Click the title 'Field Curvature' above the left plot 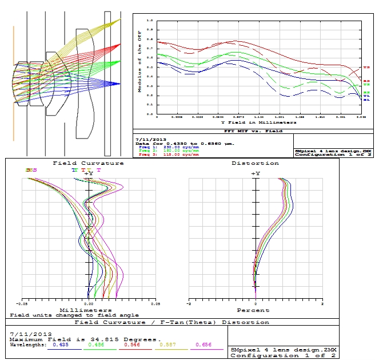89,163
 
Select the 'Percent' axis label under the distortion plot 253,311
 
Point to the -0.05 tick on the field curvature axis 23,304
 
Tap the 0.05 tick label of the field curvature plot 154,304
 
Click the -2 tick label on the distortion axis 189,304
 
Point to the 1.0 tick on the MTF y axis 150,20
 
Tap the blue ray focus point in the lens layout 119,84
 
